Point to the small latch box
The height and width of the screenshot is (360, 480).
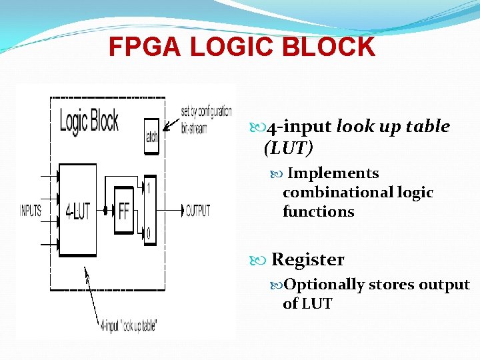(152, 131)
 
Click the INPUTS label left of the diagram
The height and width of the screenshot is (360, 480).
(30, 211)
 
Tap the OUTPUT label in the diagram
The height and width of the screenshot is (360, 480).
(197, 211)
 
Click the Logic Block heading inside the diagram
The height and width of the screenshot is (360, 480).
(89, 121)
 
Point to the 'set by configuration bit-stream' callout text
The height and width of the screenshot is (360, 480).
(206, 119)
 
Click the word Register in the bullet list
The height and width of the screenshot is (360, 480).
(308, 259)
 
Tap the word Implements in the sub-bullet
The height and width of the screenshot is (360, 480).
(333, 173)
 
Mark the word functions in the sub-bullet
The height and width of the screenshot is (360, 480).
(318, 212)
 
